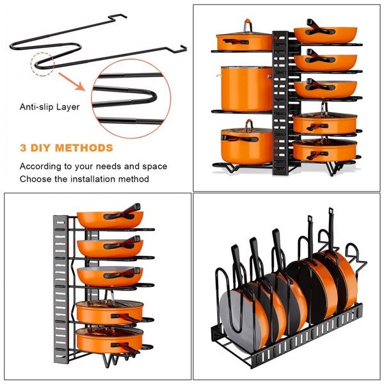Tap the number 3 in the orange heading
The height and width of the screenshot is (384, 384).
pyautogui.click(x=24, y=148)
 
